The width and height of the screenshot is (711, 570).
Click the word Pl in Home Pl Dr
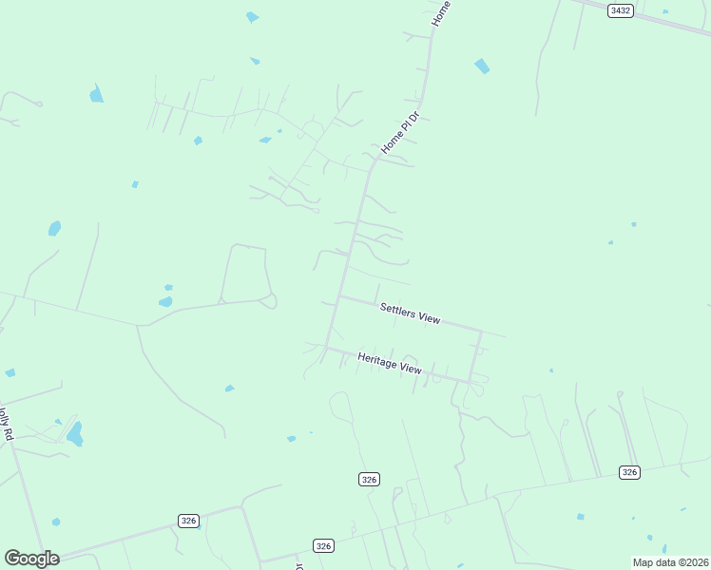click(x=402, y=131)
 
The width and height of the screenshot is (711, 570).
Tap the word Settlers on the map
click(x=397, y=310)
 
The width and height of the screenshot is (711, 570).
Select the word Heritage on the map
click(x=377, y=360)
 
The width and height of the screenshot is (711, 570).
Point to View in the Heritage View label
click(x=411, y=368)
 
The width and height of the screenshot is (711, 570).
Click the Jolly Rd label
click(x=7, y=424)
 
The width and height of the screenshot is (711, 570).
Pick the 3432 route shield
click(x=621, y=10)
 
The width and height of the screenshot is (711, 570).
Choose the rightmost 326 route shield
click(x=628, y=472)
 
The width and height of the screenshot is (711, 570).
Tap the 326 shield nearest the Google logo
click(x=188, y=521)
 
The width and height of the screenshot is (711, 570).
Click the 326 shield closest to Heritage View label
click(x=370, y=480)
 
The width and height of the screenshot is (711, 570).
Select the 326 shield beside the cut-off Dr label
click(x=324, y=545)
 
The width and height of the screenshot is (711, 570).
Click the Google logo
click(x=31, y=559)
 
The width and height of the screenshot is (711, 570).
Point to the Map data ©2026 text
click(x=671, y=562)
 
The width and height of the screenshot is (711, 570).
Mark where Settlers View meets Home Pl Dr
click(x=341, y=296)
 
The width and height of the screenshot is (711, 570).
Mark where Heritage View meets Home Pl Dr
click(x=327, y=347)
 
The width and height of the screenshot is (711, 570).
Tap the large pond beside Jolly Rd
click(x=74, y=434)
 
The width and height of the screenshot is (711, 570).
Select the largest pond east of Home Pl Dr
click(x=482, y=66)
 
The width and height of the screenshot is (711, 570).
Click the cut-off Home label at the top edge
click(x=440, y=12)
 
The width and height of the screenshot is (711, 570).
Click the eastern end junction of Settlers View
click(x=481, y=332)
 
